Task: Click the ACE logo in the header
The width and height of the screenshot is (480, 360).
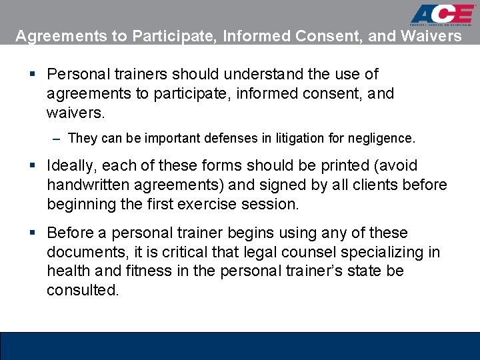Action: coord(441,15)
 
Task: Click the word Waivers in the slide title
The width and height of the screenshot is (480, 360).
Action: coord(431,36)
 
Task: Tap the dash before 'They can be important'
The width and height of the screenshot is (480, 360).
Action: coord(57,139)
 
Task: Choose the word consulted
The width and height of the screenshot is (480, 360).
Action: coord(83,291)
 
